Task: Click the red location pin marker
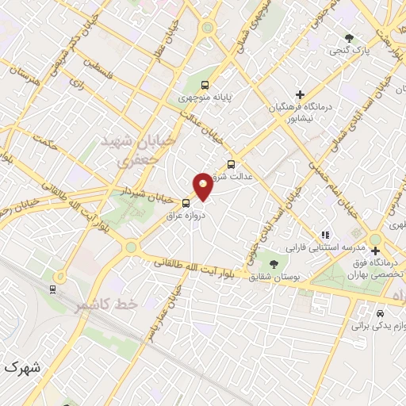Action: pyautogui.click(x=204, y=185)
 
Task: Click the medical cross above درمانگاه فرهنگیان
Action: pyautogui.click(x=300, y=95)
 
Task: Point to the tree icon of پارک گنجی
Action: pyautogui.click(x=349, y=37)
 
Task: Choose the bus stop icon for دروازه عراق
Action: pyautogui.click(x=186, y=202)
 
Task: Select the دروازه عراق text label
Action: pyautogui.click(x=186, y=215)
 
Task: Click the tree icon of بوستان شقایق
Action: pyautogui.click(x=274, y=264)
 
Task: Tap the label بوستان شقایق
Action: pyautogui.click(x=270, y=277)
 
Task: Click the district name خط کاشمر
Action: pyautogui.click(x=106, y=305)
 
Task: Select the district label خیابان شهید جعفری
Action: pyautogui.click(x=124, y=149)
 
